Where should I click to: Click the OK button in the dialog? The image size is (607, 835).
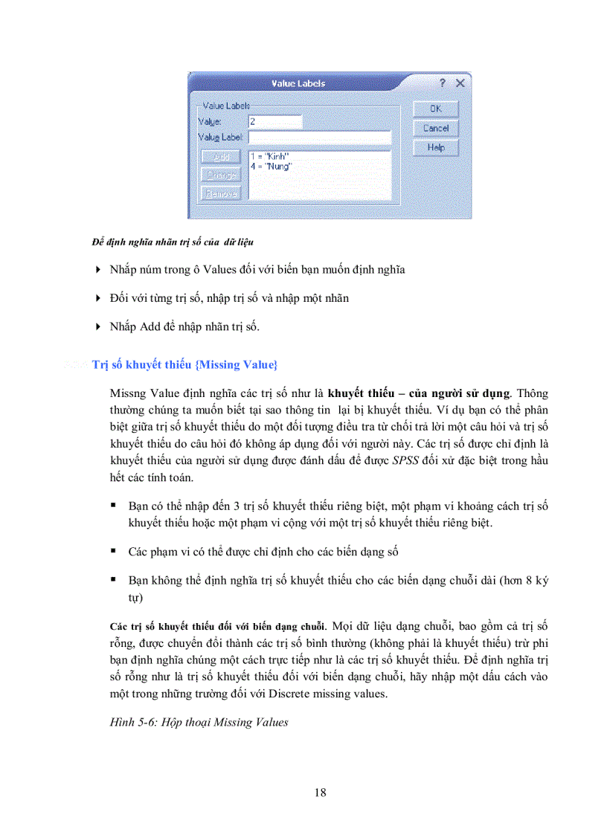click(x=436, y=109)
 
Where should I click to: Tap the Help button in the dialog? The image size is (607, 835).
click(x=436, y=148)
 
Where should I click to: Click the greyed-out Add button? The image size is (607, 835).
click(x=221, y=157)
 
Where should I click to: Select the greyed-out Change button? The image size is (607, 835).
click(x=221, y=175)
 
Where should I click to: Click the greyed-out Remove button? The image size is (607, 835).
click(x=221, y=193)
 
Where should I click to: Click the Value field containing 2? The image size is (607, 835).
click(x=274, y=121)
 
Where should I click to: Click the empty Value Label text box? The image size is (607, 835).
click(x=319, y=138)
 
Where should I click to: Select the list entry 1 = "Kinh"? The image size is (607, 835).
click(x=269, y=157)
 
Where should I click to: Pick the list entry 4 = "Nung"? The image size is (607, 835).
click(x=271, y=167)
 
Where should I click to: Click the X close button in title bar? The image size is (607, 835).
click(x=460, y=83)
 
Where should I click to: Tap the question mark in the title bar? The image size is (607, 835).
click(x=442, y=83)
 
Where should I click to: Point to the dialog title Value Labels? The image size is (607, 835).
click(x=298, y=83)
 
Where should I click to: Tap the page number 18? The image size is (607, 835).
click(x=320, y=793)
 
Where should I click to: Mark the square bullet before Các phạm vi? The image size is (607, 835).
click(x=114, y=552)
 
